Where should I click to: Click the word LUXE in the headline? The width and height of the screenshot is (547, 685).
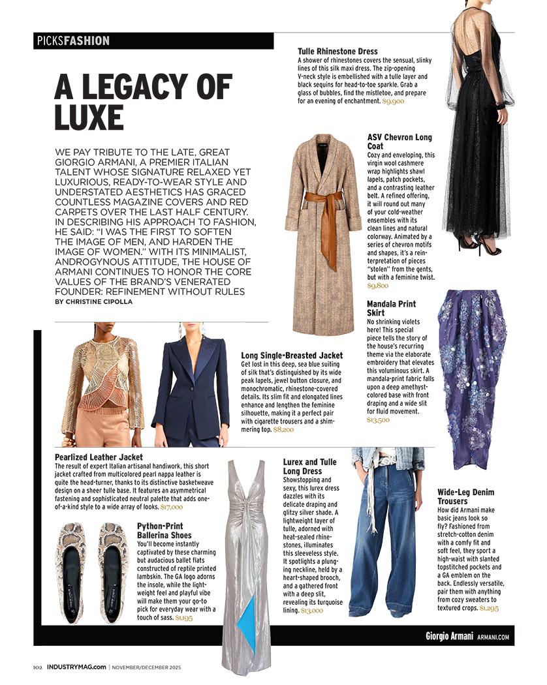(89, 117)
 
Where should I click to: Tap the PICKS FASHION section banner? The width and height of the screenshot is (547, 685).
(72, 40)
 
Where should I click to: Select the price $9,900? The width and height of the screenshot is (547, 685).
(393, 102)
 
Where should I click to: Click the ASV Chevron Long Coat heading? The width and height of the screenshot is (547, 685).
(399, 142)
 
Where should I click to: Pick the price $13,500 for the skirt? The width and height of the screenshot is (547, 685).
(378, 420)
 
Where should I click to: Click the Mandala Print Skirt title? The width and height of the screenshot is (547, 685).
(391, 309)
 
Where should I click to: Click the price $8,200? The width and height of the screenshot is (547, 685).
(283, 430)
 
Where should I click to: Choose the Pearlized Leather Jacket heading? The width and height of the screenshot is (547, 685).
(99, 457)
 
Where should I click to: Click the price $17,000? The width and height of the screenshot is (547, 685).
(172, 506)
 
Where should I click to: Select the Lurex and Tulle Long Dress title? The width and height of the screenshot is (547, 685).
(309, 466)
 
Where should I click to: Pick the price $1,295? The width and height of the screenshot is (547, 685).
(489, 608)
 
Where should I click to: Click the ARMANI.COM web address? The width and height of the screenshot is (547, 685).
(493, 637)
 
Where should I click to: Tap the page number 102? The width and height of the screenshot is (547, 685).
(38, 667)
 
